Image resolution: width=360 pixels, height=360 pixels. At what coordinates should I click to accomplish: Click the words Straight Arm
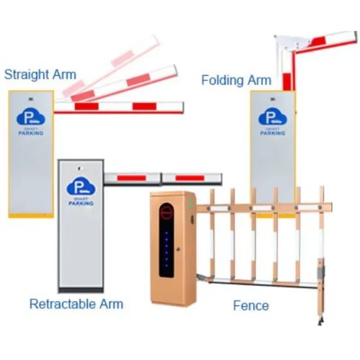[x=40, y=74]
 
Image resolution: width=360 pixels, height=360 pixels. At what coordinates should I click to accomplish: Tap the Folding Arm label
[x=236, y=80]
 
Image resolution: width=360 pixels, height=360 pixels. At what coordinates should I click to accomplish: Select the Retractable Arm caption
[x=76, y=304]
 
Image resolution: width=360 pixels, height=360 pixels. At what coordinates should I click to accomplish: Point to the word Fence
[x=251, y=305]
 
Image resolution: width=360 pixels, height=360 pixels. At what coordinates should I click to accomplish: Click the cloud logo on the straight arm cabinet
[x=31, y=117]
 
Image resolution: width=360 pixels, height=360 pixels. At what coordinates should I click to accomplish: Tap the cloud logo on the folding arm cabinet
[x=273, y=117]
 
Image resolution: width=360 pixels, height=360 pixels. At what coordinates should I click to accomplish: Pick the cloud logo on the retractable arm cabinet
[x=81, y=186]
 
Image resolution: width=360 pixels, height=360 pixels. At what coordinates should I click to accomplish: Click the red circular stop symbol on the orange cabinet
[x=166, y=212]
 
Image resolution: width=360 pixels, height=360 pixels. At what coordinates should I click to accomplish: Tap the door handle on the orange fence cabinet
[x=178, y=249]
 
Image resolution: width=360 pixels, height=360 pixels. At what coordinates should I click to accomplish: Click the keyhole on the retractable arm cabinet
[x=79, y=168]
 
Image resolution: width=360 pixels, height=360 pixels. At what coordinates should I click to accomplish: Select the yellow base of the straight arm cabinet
[x=31, y=215]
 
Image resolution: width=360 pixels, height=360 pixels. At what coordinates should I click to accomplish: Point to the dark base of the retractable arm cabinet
[x=81, y=290]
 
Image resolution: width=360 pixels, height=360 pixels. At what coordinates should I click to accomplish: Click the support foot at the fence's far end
[x=320, y=320]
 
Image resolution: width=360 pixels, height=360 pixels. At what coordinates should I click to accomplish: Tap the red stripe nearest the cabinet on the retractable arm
[x=131, y=178]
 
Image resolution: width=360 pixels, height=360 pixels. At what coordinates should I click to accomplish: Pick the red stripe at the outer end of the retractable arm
[x=190, y=178]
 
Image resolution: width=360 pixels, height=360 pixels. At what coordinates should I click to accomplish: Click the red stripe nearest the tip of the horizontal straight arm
[x=145, y=107]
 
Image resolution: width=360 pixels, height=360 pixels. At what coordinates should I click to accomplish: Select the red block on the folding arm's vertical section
[x=287, y=82]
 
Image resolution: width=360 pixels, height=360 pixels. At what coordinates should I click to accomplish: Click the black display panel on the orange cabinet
[x=166, y=240]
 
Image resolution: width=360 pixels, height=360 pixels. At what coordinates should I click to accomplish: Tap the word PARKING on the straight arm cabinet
[x=31, y=133]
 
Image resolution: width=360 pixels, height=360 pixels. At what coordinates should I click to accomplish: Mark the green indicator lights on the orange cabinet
[x=191, y=204]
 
